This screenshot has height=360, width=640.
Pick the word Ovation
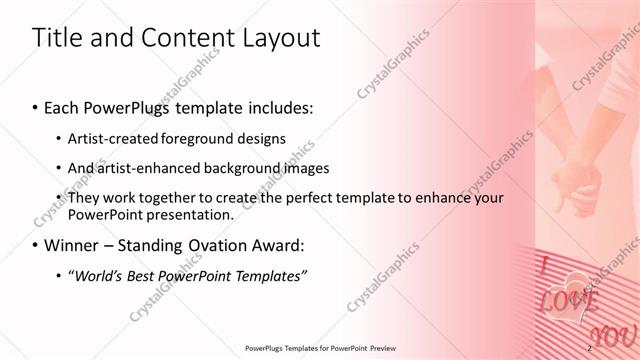[x=218, y=245]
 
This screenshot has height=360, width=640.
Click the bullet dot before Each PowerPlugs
[x=36, y=108]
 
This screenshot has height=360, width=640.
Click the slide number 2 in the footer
[x=590, y=347]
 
